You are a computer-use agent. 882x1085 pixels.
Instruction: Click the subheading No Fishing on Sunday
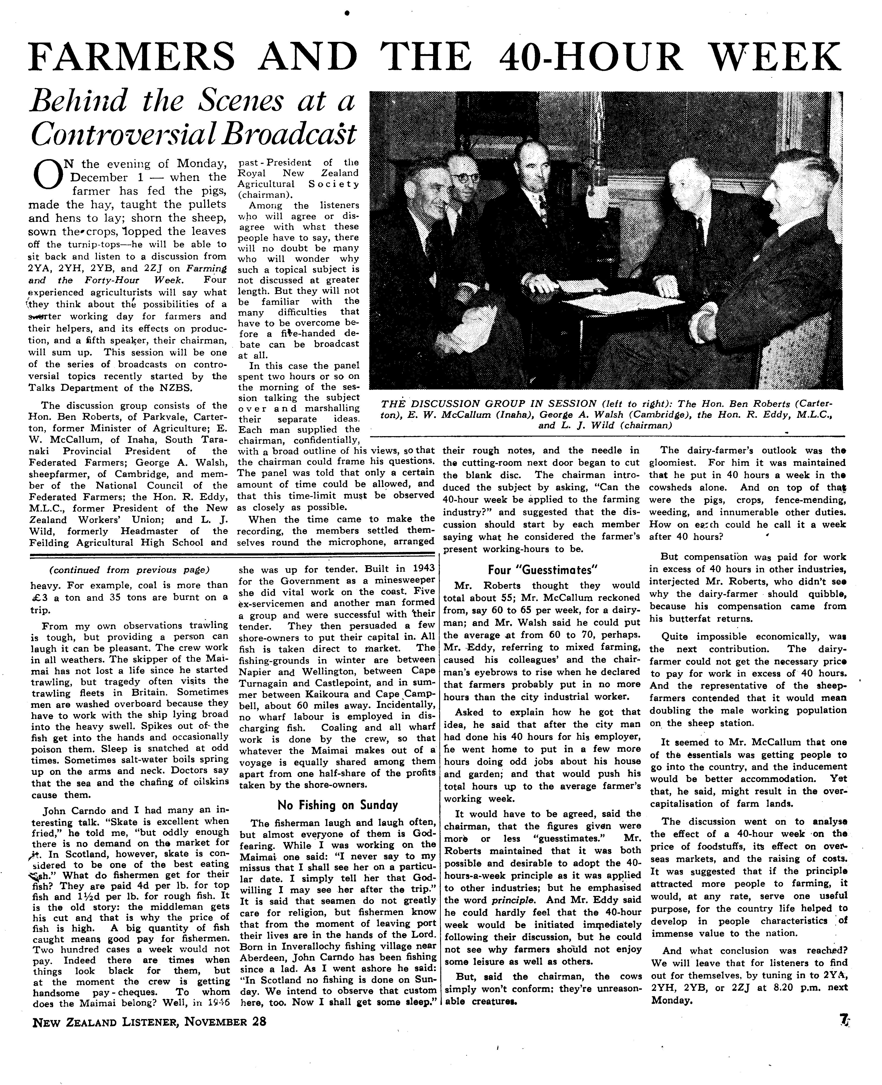(337, 805)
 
